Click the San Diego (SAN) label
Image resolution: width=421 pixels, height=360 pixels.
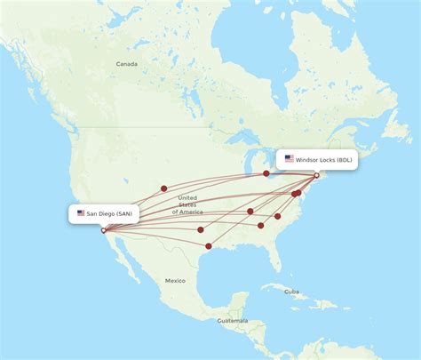(104, 213)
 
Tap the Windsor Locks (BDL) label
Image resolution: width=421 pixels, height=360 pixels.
(317, 159)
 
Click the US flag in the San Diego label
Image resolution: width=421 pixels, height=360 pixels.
(81, 213)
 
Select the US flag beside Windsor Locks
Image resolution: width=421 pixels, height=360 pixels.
(289, 159)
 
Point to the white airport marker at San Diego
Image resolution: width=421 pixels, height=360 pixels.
(104, 230)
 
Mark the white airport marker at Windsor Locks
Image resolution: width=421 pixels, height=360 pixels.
(317, 175)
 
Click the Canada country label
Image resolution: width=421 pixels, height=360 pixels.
(127, 64)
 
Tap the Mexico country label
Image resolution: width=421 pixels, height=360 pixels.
(175, 280)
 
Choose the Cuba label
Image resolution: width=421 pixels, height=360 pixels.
(291, 291)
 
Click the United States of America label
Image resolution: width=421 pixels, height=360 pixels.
(187, 204)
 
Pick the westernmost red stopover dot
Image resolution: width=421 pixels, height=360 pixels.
(163, 188)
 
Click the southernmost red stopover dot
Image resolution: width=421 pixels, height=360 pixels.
(209, 246)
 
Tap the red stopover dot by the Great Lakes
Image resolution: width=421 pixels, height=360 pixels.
(266, 173)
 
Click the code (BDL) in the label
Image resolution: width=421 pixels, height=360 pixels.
(343, 159)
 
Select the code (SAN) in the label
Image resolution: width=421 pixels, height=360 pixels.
(125, 213)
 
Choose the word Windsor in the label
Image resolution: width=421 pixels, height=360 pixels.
(306, 159)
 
